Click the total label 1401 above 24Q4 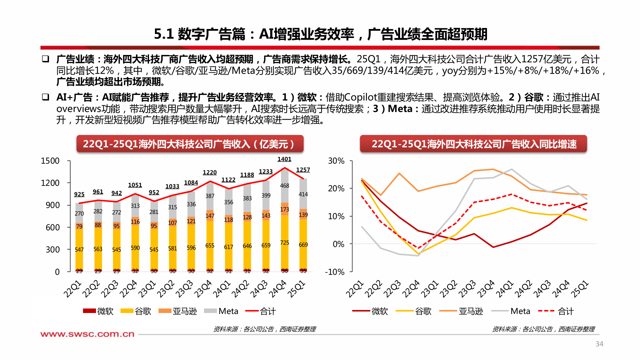284,159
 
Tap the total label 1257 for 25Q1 303,170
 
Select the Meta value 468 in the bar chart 284,186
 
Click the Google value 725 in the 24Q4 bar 284,243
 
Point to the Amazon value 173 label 284,209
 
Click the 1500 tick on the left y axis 50,161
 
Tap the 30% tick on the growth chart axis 336,161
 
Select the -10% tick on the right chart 335,272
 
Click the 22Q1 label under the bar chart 73,289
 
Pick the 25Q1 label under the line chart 580,289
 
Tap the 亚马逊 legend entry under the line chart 461,311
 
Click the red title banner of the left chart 190,144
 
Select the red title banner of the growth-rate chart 473,144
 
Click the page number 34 599,344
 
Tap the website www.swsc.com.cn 87,334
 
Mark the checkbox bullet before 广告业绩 46,59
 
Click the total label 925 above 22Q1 79,194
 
